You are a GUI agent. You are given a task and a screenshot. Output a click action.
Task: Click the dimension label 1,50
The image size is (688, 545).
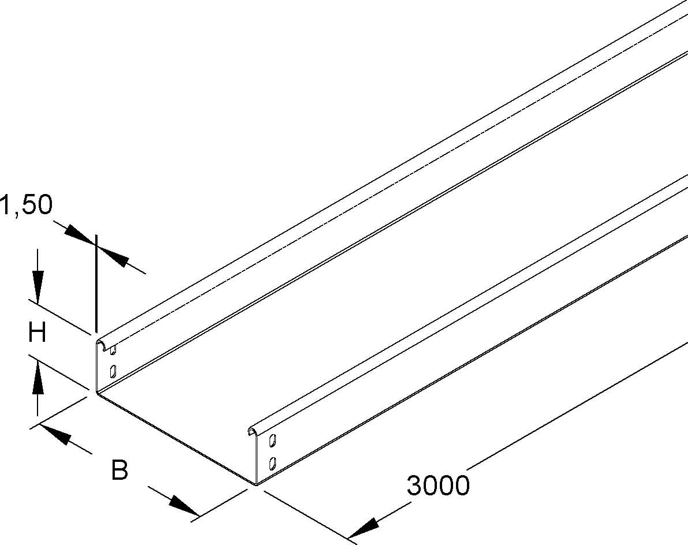point(27,206)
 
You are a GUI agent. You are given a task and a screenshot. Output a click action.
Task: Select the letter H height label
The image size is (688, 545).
point(37,332)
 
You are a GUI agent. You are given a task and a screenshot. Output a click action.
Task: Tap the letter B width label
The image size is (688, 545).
point(119,469)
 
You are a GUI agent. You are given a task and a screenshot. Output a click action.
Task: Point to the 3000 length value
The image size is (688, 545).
point(438,486)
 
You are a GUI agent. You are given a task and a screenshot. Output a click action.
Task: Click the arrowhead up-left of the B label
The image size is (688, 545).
point(55,434)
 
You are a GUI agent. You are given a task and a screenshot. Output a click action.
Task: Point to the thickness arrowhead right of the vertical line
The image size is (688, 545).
point(113,256)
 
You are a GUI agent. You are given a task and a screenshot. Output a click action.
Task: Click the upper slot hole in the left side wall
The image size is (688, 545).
point(113,350)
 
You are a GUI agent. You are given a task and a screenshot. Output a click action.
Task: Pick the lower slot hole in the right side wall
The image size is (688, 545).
point(272,462)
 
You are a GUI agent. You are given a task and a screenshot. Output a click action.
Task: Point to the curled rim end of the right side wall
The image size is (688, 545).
point(253,430)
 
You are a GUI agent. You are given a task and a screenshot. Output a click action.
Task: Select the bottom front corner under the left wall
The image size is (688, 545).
point(96,392)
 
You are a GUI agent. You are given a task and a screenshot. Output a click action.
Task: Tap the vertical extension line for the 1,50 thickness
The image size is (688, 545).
point(95,283)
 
